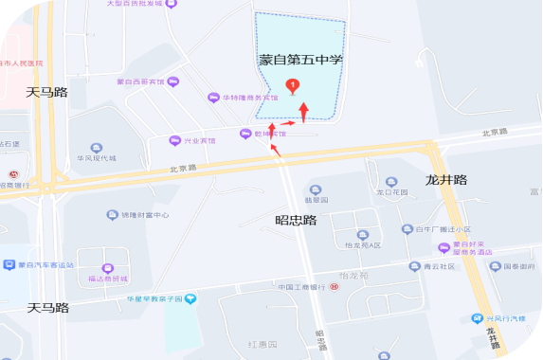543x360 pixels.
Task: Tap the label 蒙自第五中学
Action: click(x=300, y=60)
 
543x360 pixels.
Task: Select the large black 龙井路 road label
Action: click(x=445, y=180)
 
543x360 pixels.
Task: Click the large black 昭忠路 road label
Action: click(x=296, y=220)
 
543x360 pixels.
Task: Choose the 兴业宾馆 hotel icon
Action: click(x=173, y=141)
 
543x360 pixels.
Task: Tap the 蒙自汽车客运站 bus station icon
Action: click(x=9, y=265)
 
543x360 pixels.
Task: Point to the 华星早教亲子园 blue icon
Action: click(x=190, y=299)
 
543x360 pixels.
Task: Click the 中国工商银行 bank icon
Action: click(x=334, y=286)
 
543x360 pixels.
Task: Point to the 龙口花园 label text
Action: click(x=391, y=192)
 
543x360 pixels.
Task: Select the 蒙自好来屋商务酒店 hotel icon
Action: click(x=443, y=247)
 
